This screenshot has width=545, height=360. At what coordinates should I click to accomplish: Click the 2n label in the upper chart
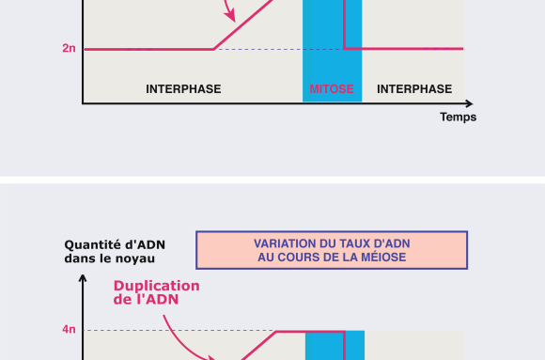(x=69, y=48)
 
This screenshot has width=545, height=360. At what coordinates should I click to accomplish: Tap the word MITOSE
(x=332, y=89)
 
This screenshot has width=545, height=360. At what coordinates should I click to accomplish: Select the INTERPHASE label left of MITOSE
(x=183, y=89)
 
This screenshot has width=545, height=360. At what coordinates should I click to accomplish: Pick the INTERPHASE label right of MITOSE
(x=414, y=89)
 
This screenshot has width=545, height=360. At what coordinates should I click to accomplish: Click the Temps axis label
(x=458, y=117)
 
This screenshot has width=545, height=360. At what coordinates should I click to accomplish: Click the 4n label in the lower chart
(x=69, y=330)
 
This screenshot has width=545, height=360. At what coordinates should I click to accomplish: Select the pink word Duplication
(x=157, y=286)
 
